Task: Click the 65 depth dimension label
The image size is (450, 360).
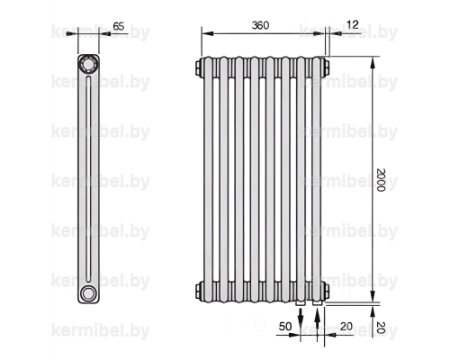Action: point(119,26)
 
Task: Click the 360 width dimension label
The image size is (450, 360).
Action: point(260,25)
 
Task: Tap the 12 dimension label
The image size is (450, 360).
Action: point(353,24)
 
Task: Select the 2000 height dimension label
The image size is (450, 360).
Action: point(381,179)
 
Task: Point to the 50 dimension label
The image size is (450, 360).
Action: point(285,327)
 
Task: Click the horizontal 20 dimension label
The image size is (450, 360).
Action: point(346,327)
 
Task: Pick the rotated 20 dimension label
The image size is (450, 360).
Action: point(381,328)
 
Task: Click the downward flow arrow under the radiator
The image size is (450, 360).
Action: point(301,317)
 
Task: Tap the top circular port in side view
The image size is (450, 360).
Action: point(88,65)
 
